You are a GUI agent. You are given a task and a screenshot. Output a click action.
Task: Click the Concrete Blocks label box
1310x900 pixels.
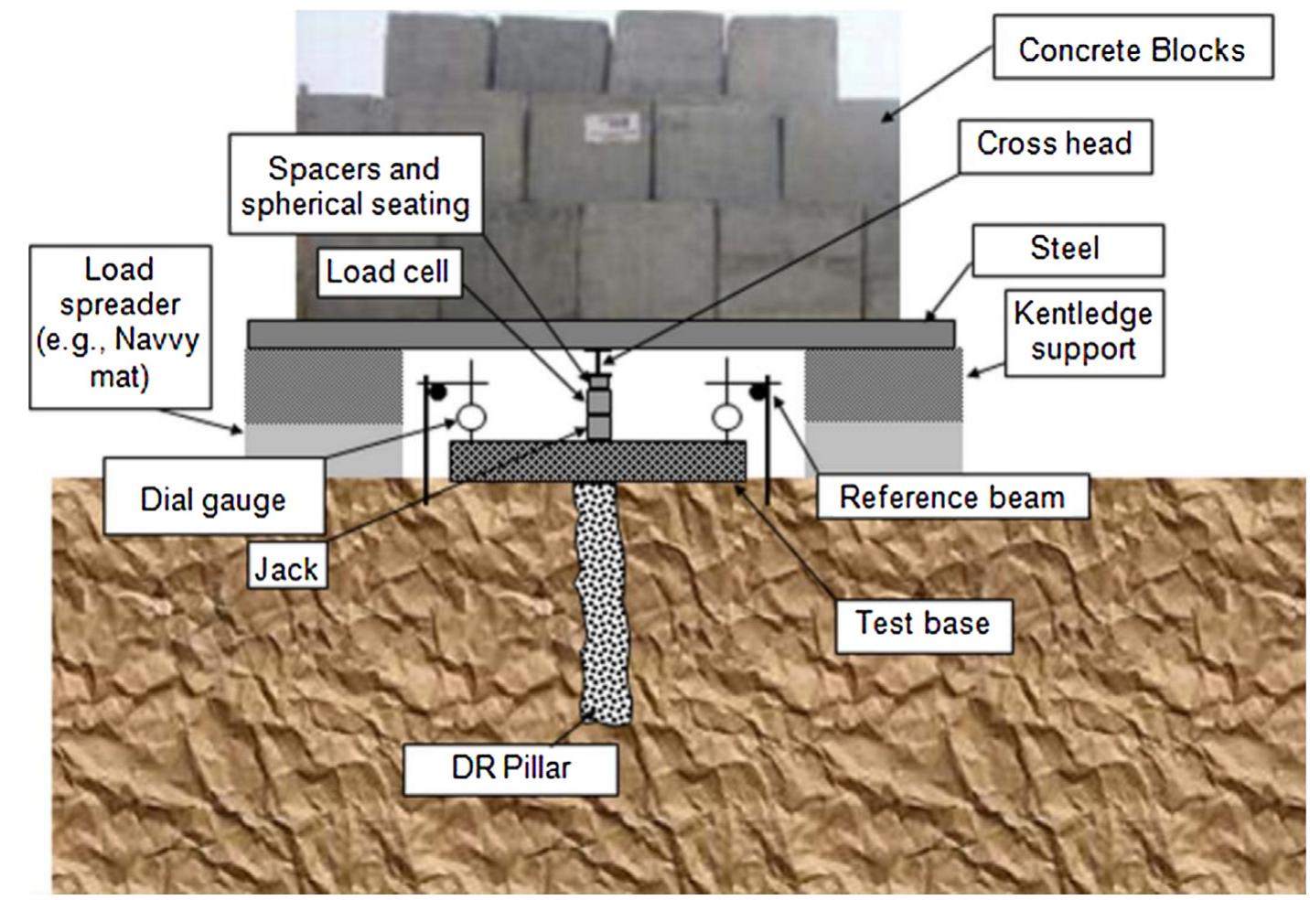1132,48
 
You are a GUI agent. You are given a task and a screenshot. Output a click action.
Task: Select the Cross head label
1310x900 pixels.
1054,145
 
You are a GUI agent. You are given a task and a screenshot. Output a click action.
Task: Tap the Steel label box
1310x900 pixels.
1067,249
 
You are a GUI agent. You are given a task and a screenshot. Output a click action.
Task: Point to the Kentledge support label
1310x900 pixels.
1083,331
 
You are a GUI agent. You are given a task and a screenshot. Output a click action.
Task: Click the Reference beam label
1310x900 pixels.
951,497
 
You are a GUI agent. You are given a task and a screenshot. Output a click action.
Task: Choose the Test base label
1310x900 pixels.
922,624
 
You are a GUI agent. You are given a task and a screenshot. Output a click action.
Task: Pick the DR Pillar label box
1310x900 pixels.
510,767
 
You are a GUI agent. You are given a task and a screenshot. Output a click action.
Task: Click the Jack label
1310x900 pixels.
286,569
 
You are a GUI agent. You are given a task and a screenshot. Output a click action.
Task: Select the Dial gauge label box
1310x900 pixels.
213,499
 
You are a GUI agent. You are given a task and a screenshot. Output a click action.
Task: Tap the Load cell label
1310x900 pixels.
387,272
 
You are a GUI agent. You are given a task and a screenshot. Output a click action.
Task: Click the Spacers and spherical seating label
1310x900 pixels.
355,186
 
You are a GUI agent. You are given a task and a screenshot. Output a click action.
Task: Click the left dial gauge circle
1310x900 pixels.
470,418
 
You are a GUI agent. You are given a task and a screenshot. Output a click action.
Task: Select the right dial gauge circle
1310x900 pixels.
726,418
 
